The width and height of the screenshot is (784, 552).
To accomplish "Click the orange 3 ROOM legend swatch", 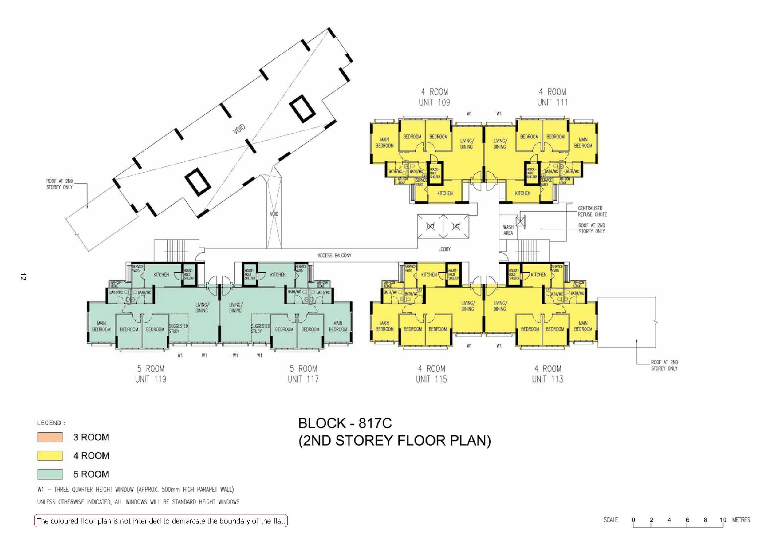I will pyautogui.click(x=50, y=437).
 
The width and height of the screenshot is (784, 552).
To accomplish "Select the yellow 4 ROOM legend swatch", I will pyautogui.click(x=50, y=455).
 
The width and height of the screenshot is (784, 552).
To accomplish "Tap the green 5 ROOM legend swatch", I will pyautogui.click(x=50, y=474).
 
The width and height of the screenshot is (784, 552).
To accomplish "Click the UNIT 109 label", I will pyautogui.click(x=434, y=102).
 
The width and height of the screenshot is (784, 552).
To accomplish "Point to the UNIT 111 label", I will pyautogui.click(x=552, y=102).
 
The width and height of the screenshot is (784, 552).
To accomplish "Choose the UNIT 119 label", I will pyautogui.click(x=151, y=379).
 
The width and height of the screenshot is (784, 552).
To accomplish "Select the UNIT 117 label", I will pyautogui.click(x=303, y=379).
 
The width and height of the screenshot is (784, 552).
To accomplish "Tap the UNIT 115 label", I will pyautogui.click(x=431, y=379).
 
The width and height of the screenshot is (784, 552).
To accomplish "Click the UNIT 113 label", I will pyautogui.click(x=547, y=379).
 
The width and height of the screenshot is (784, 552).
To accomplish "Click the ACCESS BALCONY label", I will pyautogui.click(x=334, y=255).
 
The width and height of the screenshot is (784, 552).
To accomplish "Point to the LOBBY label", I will pyautogui.click(x=444, y=249).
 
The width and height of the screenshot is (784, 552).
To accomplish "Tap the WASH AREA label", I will pyautogui.click(x=508, y=230).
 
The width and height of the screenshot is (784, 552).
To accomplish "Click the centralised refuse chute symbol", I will pyautogui.click(x=520, y=222).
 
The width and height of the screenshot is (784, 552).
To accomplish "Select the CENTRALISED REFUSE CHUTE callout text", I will pyautogui.click(x=592, y=211).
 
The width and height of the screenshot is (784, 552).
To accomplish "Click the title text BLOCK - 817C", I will pyautogui.click(x=345, y=423).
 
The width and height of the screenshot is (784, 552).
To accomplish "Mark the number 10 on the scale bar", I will pyautogui.click(x=723, y=520).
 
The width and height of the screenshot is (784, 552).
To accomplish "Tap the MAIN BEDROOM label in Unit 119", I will pyautogui.click(x=101, y=326).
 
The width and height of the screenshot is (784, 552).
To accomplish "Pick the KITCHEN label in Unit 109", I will pyautogui.click(x=445, y=193).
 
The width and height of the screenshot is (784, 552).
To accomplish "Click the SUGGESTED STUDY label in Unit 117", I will pyautogui.click(x=260, y=329).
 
